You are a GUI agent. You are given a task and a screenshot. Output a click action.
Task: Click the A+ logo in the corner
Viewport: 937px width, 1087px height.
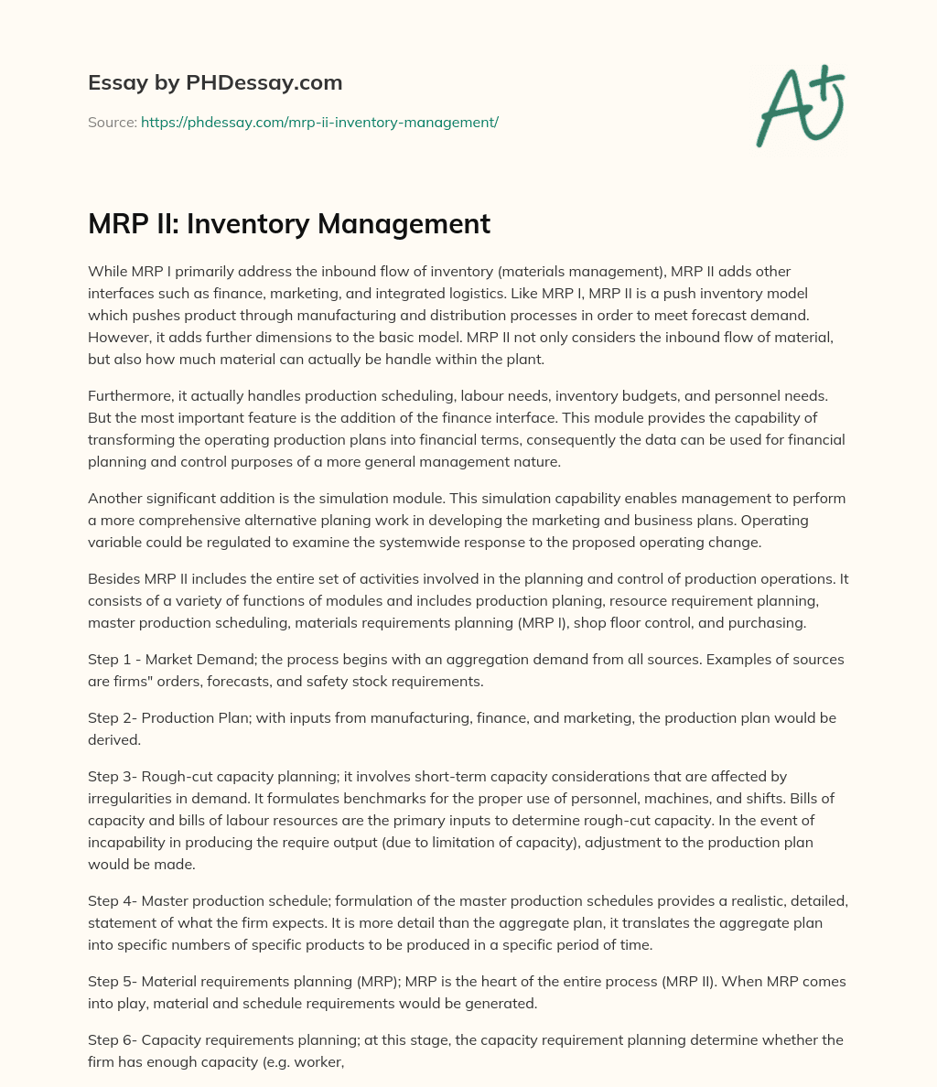(799, 105)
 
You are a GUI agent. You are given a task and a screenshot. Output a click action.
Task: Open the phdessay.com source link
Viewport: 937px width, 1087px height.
(319, 122)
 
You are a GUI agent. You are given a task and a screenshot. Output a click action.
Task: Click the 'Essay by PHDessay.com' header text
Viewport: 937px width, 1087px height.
(215, 82)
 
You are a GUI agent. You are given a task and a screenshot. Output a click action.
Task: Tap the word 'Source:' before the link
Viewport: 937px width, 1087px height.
(112, 122)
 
